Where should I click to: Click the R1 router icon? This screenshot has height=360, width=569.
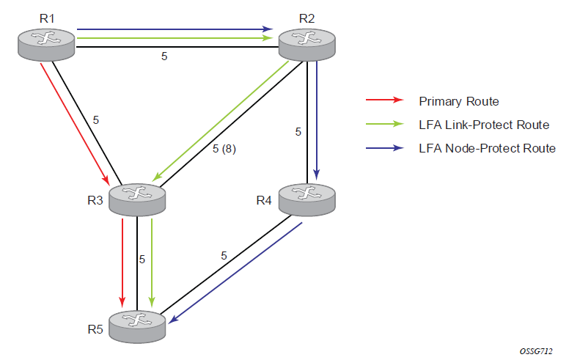[x=46, y=45]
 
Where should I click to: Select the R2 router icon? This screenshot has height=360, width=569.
[x=307, y=45]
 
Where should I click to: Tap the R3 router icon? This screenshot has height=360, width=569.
[x=137, y=199]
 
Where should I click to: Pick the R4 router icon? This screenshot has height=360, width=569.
[x=307, y=199]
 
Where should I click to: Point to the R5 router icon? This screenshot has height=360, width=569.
[x=137, y=326]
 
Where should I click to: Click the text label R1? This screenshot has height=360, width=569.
[x=47, y=18]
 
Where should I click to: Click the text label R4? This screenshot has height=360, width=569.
[x=264, y=200]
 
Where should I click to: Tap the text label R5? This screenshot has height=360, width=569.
[x=95, y=329]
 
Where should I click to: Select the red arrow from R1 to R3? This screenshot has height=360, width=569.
[x=74, y=124]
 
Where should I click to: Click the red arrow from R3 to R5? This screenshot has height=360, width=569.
[x=122, y=262]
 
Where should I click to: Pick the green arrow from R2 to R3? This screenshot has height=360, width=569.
[x=220, y=121]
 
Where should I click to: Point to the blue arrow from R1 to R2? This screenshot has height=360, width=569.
[x=175, y=29]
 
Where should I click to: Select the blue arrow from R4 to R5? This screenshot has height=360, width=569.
[x=235, y=273]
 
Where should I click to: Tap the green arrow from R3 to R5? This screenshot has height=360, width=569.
[x=152, y=262]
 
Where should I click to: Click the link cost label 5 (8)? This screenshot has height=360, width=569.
[x=224, y=148]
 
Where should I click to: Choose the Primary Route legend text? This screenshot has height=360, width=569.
[x=459, y=101]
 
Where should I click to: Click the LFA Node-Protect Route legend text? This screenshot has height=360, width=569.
[x=487, y=148]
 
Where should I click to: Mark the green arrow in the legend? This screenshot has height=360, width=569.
[x=385, y=124]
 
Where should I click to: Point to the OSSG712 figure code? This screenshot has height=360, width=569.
[x=536, y=351]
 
